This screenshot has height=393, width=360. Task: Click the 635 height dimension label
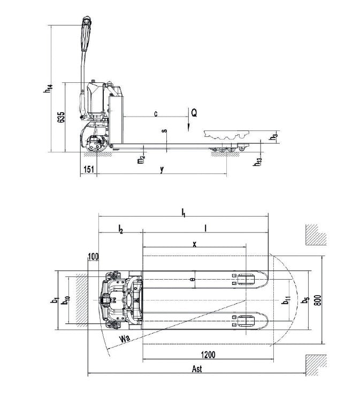click(x=62, y=117)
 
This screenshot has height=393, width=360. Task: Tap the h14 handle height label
click(x=48, y=88)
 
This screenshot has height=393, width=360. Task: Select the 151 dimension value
click(x=89, y=169)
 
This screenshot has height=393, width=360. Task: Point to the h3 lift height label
click(x=274, y=136)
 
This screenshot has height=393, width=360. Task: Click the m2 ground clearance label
click(x=141, y=159)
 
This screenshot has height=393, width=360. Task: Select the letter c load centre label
click(x=156, y=113)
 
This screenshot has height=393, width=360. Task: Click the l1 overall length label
click(x=183, y=212)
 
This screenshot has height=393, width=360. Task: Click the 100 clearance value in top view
click(x=94, y=257)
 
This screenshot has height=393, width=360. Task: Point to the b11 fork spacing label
click(x=287, y=300)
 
